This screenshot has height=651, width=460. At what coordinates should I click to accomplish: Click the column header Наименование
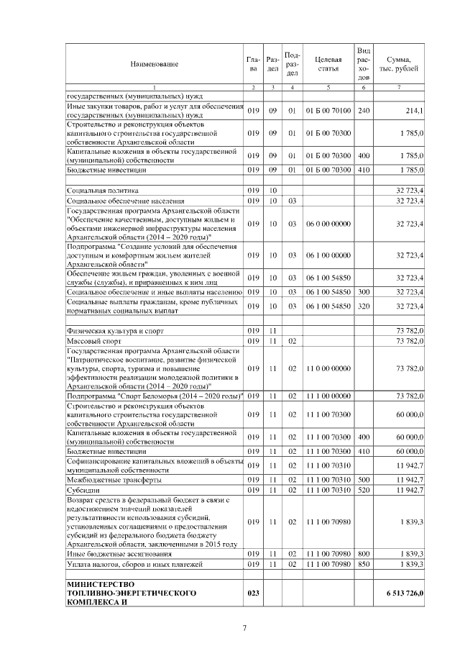[155, 64]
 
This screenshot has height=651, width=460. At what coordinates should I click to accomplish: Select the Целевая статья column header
[328, 64]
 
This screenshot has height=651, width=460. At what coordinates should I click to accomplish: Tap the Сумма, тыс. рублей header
[398, 64]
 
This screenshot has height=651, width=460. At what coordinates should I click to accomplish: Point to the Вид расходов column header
[364, 64]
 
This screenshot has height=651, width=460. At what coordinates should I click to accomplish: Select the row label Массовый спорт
[89, 340]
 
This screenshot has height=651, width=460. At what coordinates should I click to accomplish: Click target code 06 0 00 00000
[328, 224]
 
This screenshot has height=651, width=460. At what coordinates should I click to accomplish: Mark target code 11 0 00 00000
[328, 369]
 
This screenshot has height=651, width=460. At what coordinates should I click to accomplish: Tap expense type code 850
[364, 565]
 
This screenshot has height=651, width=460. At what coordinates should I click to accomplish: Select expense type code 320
[364, 306]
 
